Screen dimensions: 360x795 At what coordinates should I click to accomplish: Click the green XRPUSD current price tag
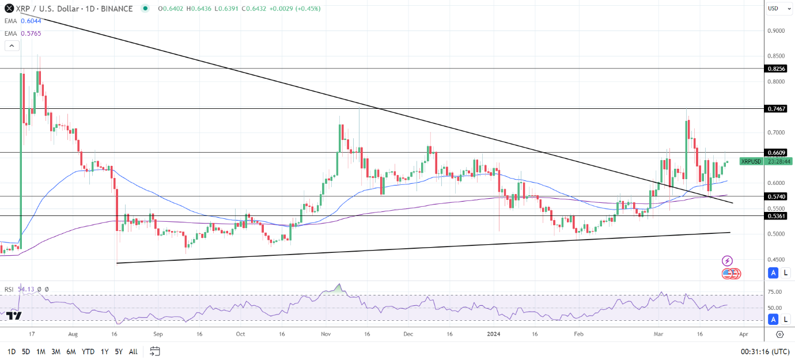coord(751,162)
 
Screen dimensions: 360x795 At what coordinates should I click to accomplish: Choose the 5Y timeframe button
coord(118,351)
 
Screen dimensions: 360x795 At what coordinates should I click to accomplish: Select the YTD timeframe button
coord(88,351)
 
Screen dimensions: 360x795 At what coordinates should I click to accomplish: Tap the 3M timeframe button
coord(56,351)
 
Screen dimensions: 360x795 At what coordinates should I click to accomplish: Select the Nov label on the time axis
coord(325,334)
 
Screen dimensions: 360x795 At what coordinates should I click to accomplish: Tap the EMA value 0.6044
coord(31,21)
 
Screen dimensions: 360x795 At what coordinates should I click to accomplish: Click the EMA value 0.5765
coord(31,33)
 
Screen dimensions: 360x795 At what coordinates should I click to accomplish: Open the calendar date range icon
coord(154,351)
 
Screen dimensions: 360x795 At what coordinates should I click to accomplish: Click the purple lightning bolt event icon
coord(727,261)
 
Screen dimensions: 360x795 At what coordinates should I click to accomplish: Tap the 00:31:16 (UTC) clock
coord(764,351)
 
